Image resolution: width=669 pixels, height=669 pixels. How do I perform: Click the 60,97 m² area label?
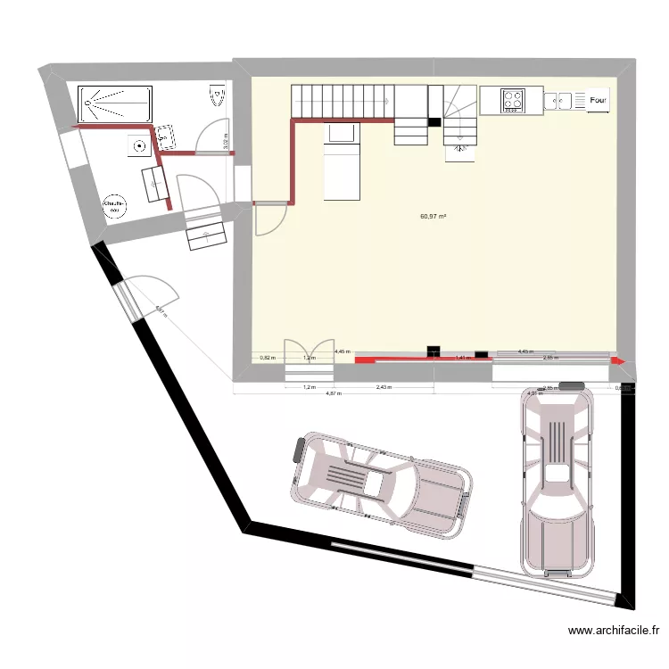tap(433, 216)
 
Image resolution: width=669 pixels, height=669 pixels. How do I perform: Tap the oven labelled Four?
tap(598, 101)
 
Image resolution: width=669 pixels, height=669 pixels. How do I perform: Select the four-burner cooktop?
tap(513, 100)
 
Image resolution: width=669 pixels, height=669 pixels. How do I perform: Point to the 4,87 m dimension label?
tap(334, 393)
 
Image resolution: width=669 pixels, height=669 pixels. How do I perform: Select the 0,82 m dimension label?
tap(265, 358)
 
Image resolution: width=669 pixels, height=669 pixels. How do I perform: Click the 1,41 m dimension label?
tap(462, 358)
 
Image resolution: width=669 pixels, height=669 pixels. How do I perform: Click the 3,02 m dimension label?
tap(226, 140)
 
